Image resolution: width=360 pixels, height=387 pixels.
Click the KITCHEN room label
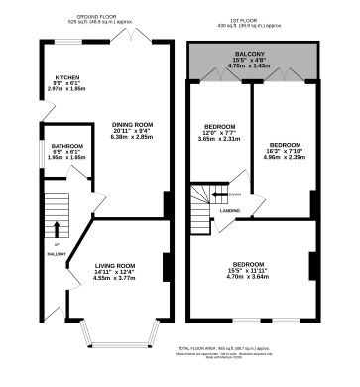[66, 76]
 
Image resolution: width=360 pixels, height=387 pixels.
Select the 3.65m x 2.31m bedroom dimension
[219, 140]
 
